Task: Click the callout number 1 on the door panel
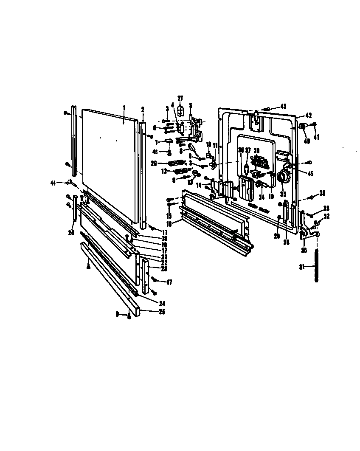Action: pyautogui.click(x=124, y=108)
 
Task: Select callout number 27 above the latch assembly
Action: pyautogui.click(x=180, y=99)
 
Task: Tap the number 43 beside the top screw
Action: pyautogui.click(x=283, y=106)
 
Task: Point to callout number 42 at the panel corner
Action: pyautogui.click(x=309, y=115)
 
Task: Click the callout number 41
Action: pyautogui.click(x=316, y=137)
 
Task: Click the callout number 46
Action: pyautogui.click(x=155, y=151)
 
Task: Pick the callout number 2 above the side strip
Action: pyautogui.click(x=143, y=109)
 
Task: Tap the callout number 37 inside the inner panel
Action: pyautogui.click(x=248, y=150)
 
